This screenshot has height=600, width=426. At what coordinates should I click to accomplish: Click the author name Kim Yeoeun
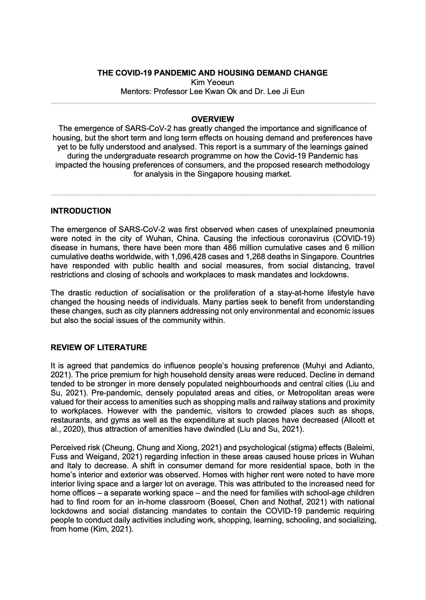(x=213, y=83)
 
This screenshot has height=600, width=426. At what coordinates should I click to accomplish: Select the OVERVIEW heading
(x=213, y=120)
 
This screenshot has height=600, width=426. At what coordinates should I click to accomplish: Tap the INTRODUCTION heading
(x=81, y=211)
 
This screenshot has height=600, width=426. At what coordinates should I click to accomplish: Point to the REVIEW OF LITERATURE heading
(x=99, y=348)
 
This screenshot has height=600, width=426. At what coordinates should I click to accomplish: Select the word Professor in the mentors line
(x=169, y=92)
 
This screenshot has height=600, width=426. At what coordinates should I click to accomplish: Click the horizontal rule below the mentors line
(x=213, y=103)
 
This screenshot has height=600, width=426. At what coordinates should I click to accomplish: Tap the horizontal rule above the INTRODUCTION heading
(x=213, y=195)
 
